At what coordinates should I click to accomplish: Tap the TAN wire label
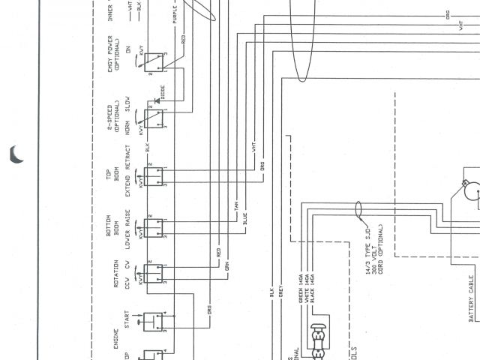(x=236, y=205)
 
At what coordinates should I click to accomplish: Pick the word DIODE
(x=163, y=91)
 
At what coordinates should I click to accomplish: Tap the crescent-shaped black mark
(x=16, y=154)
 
